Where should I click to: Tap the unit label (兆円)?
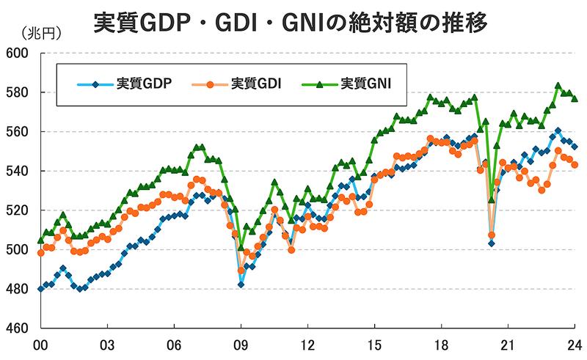click(x=37, y=34)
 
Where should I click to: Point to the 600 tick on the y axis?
click(x=17, y=54)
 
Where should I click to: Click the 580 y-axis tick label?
click(x=17, y=93)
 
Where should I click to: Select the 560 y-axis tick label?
click(x=17, y=132)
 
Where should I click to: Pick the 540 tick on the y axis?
click(x=17, y=172)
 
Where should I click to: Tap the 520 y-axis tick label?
click(x=17, y=210)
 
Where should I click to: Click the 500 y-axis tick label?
click(x=17, y=250)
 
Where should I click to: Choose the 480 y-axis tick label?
click(x=17, y=289)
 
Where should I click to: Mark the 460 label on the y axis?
click(x=17, y=328)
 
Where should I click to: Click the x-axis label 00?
click(x=40, y=345)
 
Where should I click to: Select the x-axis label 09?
click(x=241, y=345)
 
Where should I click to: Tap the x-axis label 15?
click(x=374, y=345)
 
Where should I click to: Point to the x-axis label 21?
click(x=508, y=345)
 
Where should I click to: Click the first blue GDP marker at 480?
click(x=40, y=289)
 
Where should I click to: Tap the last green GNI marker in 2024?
click(x=575, y=99)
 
